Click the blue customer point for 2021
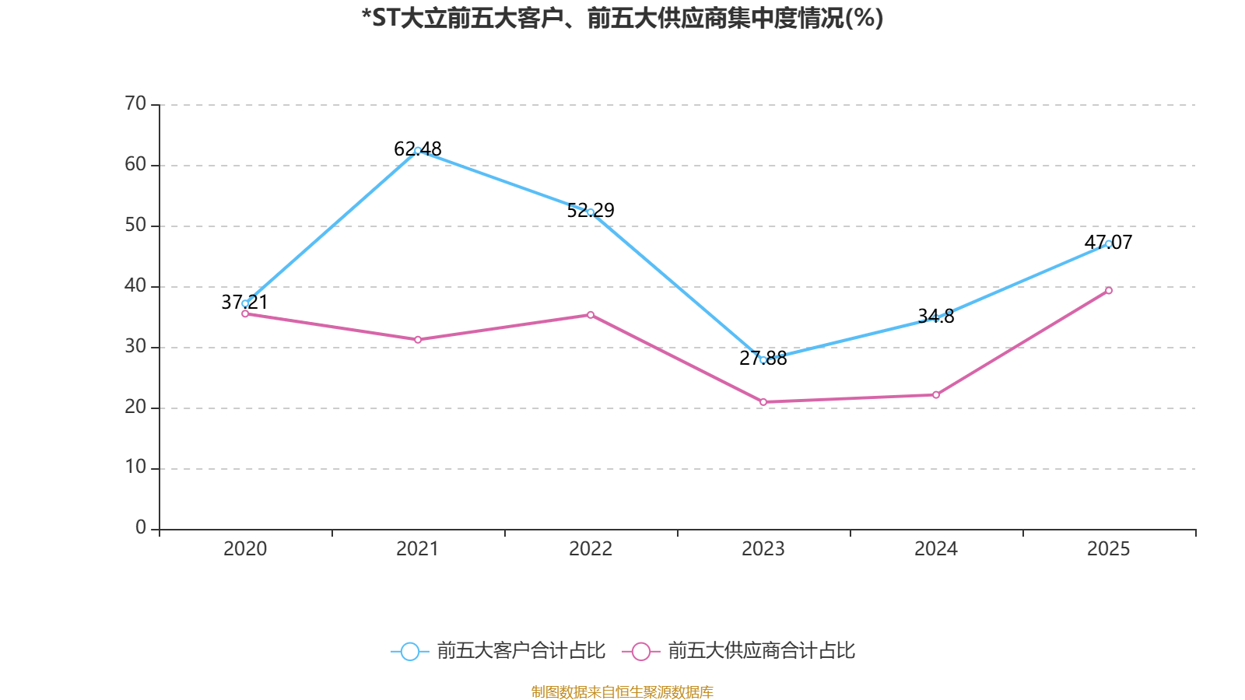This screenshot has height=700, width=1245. click(418, 150)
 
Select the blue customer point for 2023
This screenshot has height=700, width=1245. click(763, 360)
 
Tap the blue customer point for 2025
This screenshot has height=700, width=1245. click(1109, 243)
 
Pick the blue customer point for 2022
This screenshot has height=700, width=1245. click(591, 212)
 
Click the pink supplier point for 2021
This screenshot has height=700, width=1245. click(418, 340)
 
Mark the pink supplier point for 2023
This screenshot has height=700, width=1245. click(763, 402)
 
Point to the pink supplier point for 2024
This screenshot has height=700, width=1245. click(936, 395)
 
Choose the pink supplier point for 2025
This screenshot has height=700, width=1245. click(1109, 291)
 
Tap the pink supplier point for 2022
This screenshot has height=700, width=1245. click(591, 315)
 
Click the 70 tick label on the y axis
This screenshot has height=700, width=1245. click(135, 103)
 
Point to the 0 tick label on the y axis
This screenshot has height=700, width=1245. click(141, 528)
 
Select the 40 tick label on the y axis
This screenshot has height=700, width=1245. click(135, 285)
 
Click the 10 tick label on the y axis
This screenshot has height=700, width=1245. click(135, 467)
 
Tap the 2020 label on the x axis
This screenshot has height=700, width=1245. click(245, 549)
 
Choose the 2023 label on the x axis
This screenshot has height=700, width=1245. click(763, 549)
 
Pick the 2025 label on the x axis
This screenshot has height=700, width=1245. click(1109, 549)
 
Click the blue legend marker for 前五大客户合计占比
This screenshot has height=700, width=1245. click(409, 651)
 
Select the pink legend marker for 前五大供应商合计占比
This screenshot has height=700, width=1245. click(641, 651)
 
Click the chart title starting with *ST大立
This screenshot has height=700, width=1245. click(622, 18)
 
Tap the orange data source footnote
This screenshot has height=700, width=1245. click(622, 691)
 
